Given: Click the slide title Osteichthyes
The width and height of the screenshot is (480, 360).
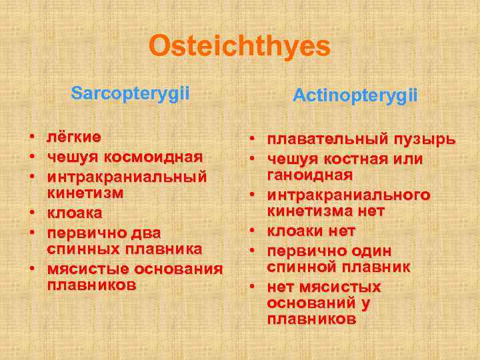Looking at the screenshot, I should coord(239,47).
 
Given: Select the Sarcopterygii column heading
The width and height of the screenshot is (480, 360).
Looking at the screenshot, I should coord(130,93).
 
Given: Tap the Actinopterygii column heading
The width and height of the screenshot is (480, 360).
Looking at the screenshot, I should coord(355,96).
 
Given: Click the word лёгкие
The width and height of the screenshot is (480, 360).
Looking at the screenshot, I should coord(73,137).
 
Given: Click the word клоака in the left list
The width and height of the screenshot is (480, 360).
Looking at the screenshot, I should coord(74,213).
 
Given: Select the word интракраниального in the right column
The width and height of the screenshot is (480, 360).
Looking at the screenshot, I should coord(349,195).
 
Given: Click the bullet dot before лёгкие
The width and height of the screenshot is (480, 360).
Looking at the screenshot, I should coord(31,138).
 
